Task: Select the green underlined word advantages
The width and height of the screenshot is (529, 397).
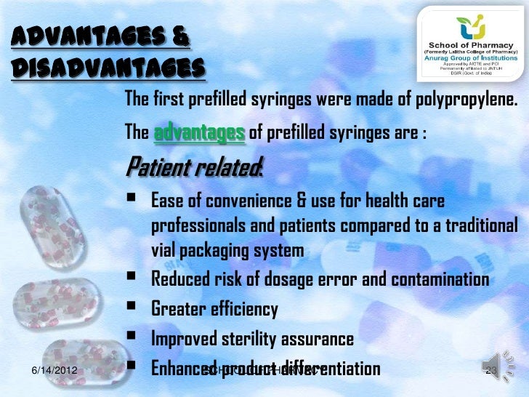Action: tap(199, 133)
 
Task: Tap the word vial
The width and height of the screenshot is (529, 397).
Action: tap(164, 251)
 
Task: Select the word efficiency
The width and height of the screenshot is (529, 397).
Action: tap(244, 310)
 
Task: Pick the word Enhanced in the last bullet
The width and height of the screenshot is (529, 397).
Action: tap(179, 369)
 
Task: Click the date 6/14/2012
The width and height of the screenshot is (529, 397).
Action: tap(57, 373)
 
